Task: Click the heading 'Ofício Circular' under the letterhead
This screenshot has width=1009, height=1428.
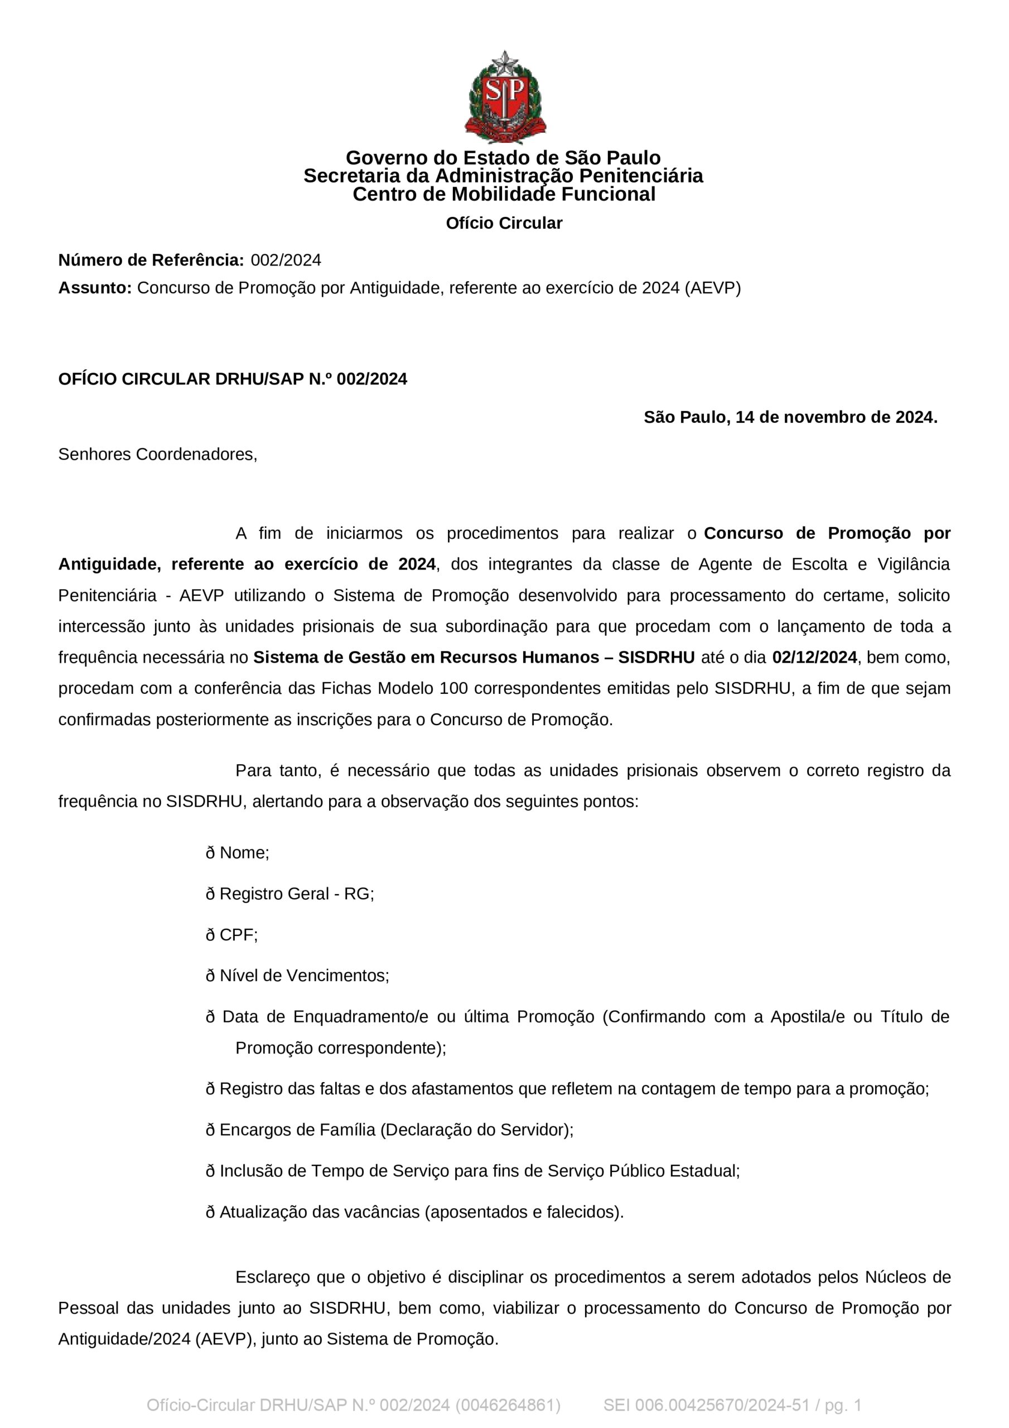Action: [x=504, y=223]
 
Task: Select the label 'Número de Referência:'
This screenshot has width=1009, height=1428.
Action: [x=151, y=260]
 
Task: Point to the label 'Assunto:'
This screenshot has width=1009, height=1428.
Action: [x=95, y=288]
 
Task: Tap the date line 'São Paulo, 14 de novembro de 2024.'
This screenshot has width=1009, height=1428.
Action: [x=790, y=417]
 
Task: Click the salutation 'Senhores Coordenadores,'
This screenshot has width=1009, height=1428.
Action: [x=157, y=455]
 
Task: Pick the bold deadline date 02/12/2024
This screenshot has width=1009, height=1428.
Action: [x=814, y=658]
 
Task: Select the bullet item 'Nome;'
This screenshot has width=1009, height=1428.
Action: [x=244, y=853]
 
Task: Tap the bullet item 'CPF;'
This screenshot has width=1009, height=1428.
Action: [x=238, y=935]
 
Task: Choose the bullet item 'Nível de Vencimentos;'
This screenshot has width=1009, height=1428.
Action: [x=303, y=976]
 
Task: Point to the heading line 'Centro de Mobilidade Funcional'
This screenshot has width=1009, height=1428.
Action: [x=504, y=194]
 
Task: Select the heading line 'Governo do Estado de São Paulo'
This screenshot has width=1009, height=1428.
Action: [x=503, y=157]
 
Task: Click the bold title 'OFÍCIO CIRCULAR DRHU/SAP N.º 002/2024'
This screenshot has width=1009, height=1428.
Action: [x=233, y=379]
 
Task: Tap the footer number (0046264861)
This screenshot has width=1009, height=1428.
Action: [x=508, y=1405]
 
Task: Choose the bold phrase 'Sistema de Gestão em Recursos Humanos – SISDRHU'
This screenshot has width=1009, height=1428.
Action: [x=474, y=658]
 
